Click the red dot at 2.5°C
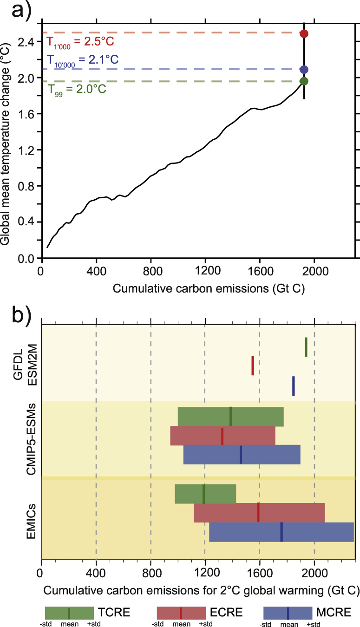coord(304,33)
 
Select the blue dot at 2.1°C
coord(304,70)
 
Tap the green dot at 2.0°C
coord(304,81)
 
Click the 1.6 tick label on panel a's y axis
coord(27,114)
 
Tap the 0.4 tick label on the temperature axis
coord(27,222)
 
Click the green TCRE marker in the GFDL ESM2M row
coord(306,347)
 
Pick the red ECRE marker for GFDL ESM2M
coord(253,366)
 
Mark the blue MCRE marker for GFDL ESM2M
coord(294,385)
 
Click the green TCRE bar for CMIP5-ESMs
coord(230,416)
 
